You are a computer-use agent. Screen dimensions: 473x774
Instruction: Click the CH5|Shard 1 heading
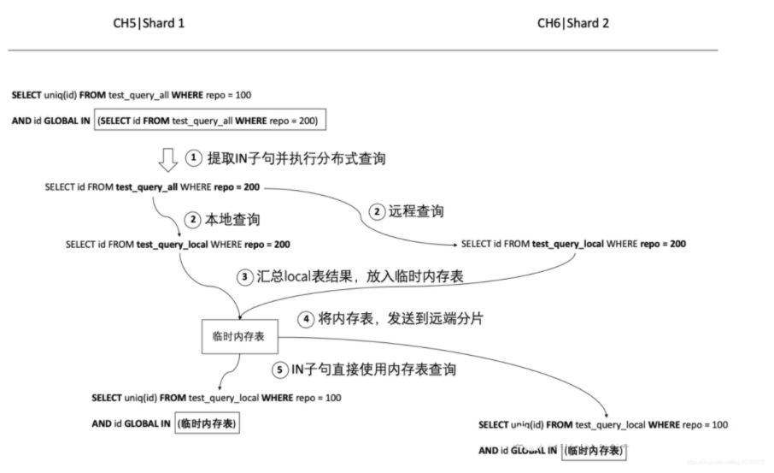pyautogui.click(x=149, y=23)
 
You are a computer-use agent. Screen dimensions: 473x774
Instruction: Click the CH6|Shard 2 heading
pyautogui.click(x=572, y=23)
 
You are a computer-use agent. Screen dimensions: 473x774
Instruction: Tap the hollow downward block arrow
pyautogui.click(x=170, y=158)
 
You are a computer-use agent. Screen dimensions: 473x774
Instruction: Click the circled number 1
pyautogui.click(x=194, y=158)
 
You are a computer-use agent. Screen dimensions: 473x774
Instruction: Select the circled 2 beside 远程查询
pyautogui.click(x=377, y=210)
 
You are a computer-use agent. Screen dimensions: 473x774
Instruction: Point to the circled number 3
pyautogui.click(x=244, y=276)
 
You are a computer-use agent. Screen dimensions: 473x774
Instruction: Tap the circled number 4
pyautogui.click(x=306, y=319)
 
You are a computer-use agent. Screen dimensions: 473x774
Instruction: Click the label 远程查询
pyautogui.click(x=418, y=210)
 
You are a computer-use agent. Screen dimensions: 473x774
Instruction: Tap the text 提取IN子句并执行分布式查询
pyautogui.click(x=296, y=158)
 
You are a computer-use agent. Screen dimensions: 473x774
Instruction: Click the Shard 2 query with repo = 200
pyautogui.click(x=572, y=244)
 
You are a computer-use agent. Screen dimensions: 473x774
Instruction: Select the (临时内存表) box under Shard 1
pyautogui.click(x=208, y=423)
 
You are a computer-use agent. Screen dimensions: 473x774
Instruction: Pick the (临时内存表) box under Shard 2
pyautogui.click(x=595, y=450)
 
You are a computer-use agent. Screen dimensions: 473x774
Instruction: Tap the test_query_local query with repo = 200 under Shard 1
pyautogui.click(x=178, y=244)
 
